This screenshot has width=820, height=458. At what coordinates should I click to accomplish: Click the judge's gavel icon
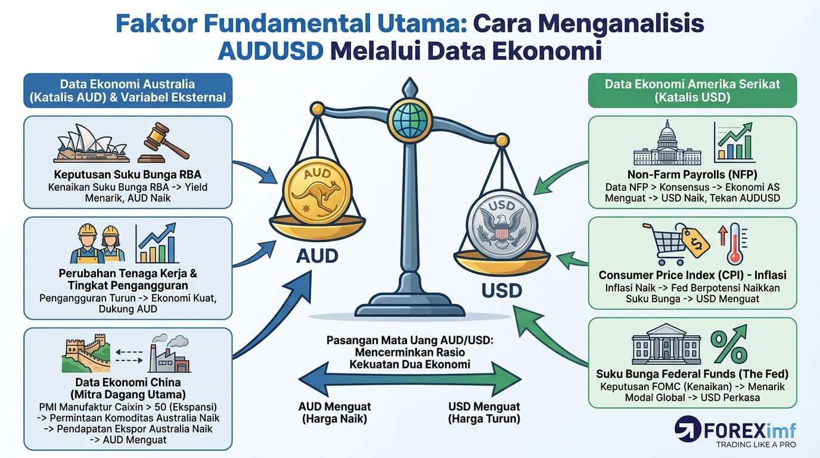164,143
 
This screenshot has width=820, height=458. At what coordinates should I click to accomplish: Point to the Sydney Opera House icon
91,144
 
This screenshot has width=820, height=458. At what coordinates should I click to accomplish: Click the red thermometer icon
734,244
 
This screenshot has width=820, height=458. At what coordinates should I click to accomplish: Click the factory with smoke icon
170,353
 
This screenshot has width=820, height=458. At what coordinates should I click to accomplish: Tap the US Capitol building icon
667,143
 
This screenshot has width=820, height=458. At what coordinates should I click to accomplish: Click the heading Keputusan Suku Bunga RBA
128,174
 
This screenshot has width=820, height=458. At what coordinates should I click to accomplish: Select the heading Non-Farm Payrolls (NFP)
692,174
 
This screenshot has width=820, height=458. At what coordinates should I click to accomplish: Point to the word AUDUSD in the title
271,51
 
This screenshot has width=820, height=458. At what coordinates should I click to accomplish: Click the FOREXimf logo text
749,431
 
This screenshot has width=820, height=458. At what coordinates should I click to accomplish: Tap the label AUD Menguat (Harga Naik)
334,413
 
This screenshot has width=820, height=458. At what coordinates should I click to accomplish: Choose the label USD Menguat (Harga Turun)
484,413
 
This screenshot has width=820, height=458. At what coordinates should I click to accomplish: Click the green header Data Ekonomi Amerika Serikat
692,91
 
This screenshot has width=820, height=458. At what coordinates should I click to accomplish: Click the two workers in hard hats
97,244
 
